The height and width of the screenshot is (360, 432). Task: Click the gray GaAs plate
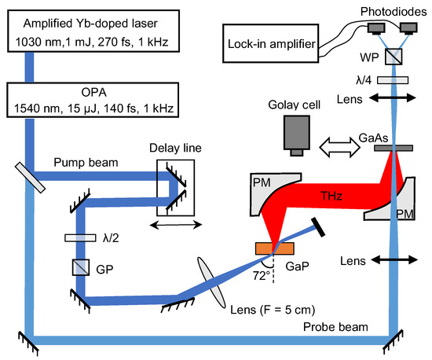[x=390, y=147]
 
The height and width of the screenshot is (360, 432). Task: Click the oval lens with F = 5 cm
[x=213, y=280]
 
